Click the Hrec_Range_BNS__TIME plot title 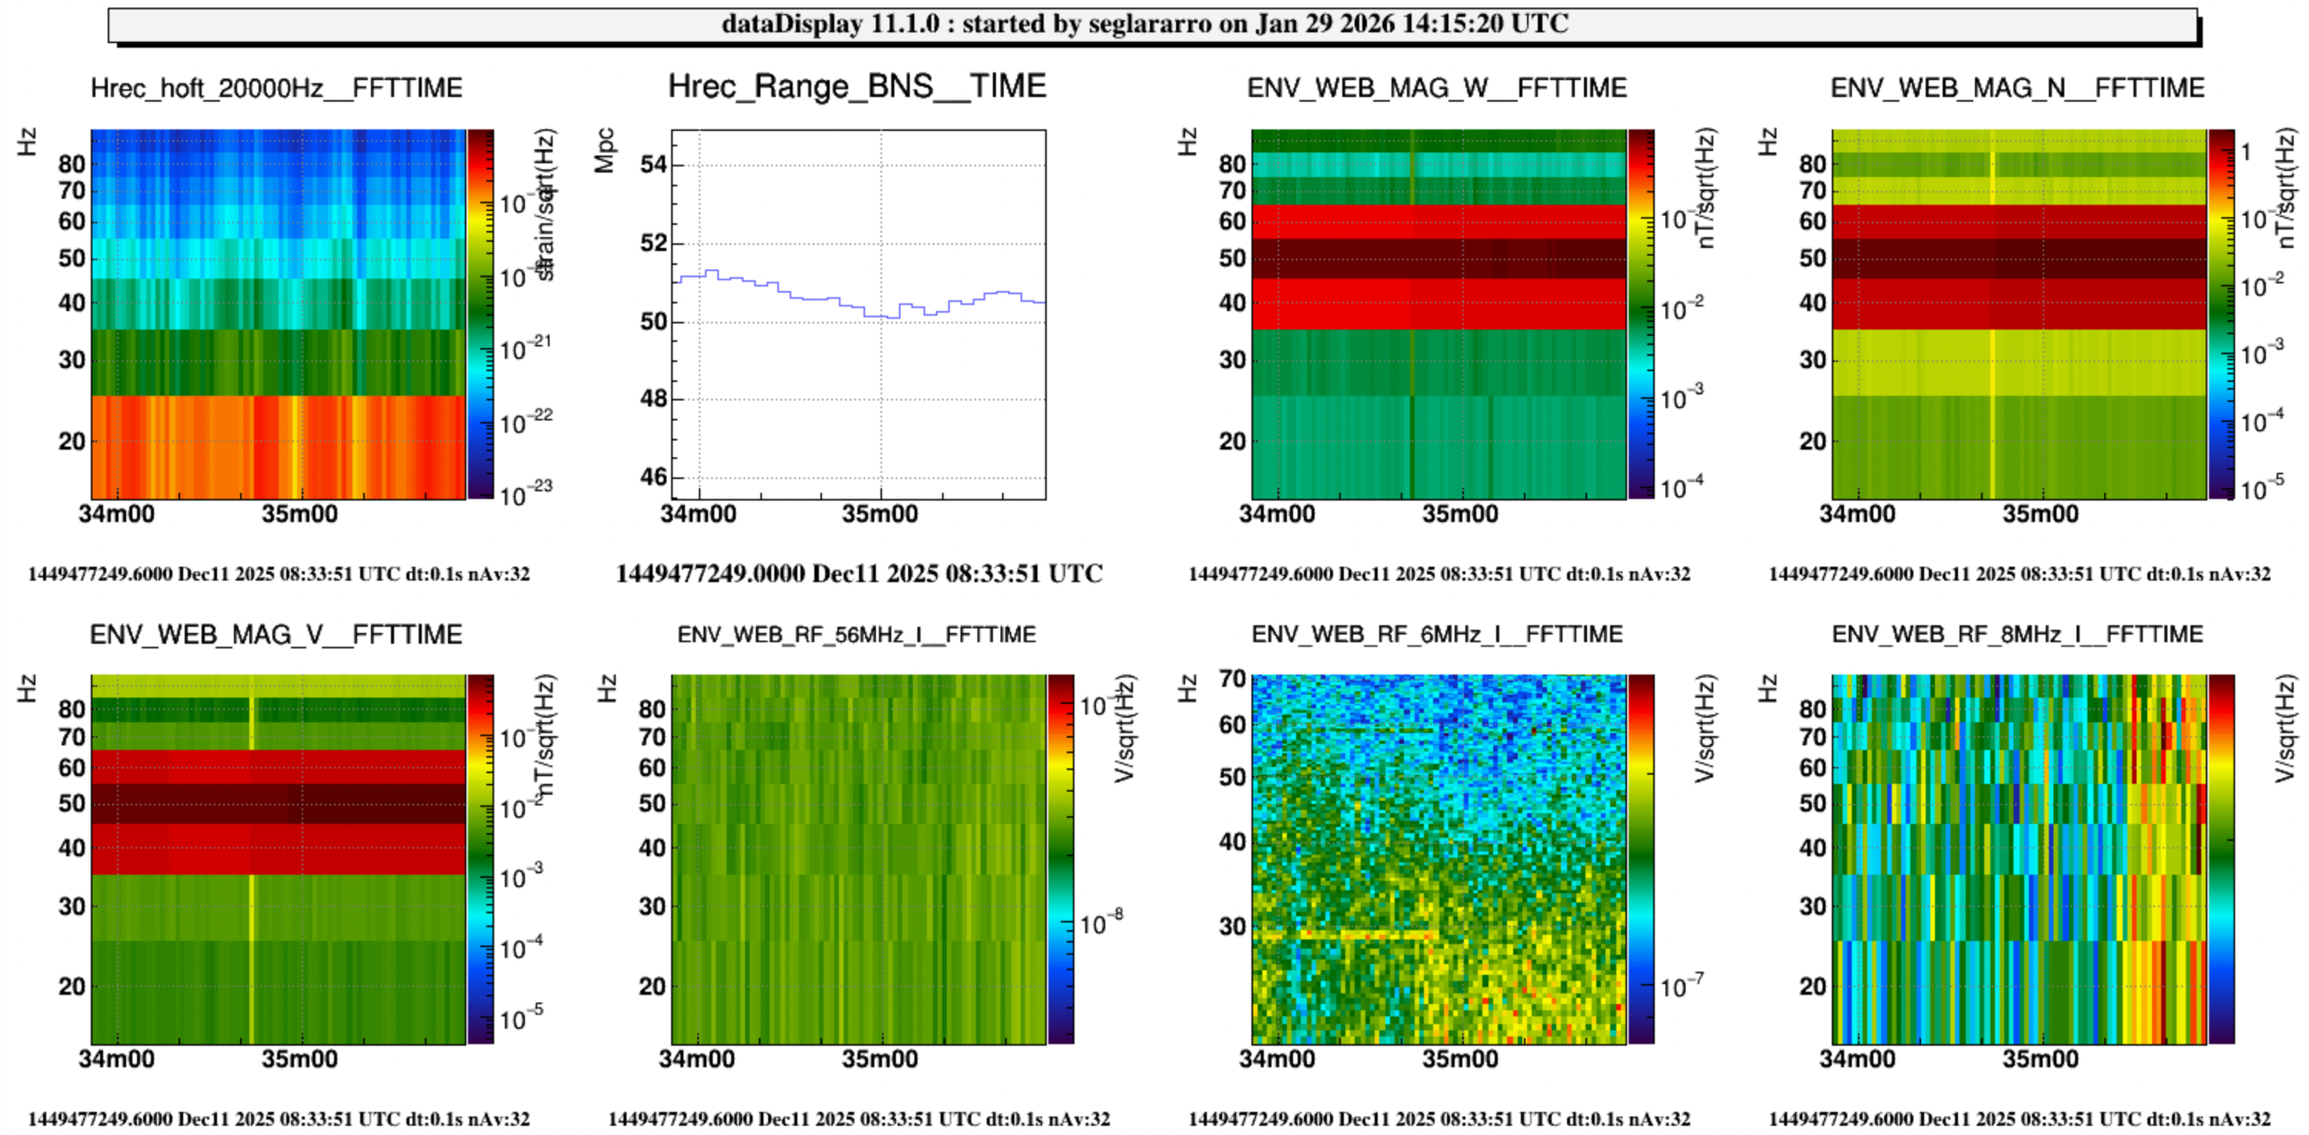pos(857,86)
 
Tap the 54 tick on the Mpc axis pos(653,165)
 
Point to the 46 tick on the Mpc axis pos(653,477)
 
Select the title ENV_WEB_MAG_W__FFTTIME pos(1436,88)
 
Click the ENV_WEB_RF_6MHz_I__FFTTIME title pos(1436,634)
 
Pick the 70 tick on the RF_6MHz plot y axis pos(1232,678)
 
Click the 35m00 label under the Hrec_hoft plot pos(299,514)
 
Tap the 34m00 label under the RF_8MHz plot pos(1857,1059)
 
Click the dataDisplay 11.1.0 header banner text pos(1144,23)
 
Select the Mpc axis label pos(605,151)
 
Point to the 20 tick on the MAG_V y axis pos(72,986)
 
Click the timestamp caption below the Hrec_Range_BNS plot pos(858,574)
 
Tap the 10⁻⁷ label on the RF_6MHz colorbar pos(1682,986)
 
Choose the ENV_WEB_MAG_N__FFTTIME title pos(2017,88)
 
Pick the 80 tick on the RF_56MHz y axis pos(652,709)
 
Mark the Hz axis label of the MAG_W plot pos(1187,142)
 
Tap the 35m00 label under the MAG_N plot pos(2040,514)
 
